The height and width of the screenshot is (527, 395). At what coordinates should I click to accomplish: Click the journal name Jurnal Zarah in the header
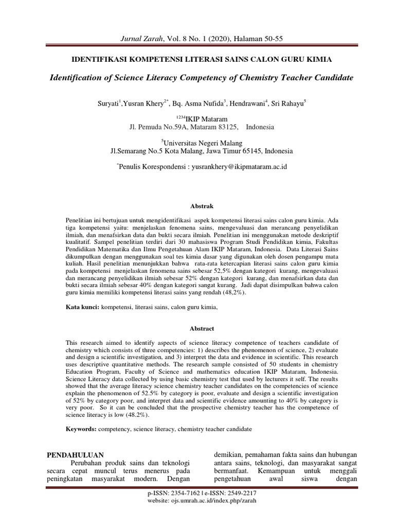pos(140,39)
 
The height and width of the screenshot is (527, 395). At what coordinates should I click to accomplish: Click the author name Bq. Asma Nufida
pos(199,103)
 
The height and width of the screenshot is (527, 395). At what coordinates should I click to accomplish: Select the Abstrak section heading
pos(198,206)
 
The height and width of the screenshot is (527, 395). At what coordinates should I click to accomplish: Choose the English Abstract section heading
pos(198,328)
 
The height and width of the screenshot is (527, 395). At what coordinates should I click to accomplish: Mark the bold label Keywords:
pos(82,429)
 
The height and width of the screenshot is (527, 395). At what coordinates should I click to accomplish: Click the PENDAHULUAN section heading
pos(76,455)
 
